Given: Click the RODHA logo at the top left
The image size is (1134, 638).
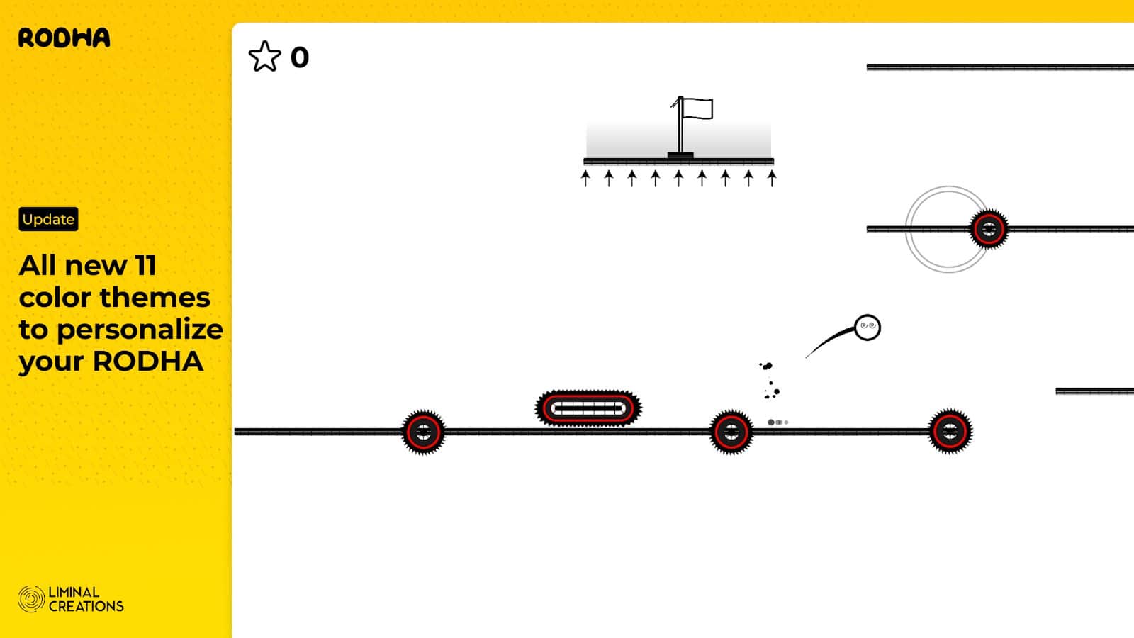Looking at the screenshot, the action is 64,38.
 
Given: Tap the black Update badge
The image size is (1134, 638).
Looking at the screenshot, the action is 48,219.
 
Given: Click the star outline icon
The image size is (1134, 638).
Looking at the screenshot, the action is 264,57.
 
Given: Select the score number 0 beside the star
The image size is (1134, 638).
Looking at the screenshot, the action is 300,57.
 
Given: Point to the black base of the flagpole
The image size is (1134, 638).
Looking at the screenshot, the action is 680,155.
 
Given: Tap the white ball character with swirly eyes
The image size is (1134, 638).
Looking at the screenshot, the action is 868,328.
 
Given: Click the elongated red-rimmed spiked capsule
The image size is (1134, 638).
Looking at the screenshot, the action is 588,408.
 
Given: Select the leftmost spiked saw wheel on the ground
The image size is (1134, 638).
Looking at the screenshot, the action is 423,432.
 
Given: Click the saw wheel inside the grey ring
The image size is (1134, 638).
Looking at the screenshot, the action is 989,229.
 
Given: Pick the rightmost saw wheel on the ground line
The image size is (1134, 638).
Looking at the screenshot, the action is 950,432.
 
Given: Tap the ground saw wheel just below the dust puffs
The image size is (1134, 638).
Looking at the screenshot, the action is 731,432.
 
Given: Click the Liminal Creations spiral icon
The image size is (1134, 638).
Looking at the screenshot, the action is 31,599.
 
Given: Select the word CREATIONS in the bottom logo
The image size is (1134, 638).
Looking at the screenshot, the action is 86,607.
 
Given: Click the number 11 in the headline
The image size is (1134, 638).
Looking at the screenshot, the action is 145,266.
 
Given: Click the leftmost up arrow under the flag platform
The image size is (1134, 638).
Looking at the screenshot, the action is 585,178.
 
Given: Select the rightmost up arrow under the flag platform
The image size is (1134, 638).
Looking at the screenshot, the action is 772,178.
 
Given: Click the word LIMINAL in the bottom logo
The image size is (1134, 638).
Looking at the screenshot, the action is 74,593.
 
